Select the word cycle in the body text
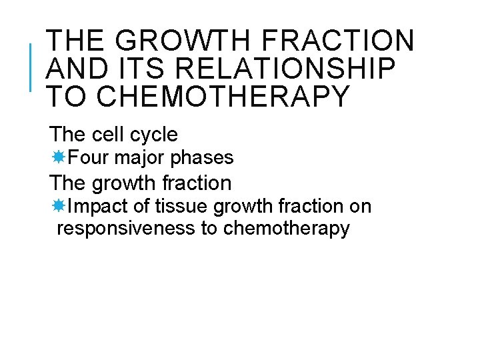pyautogui.click(x=154, y=135)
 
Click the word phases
pyautogui.click(x=202, y=158)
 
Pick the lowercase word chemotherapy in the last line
pyautogui.click(x=287, y=229)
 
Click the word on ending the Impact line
pyautogui.click(x=360, y=207)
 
